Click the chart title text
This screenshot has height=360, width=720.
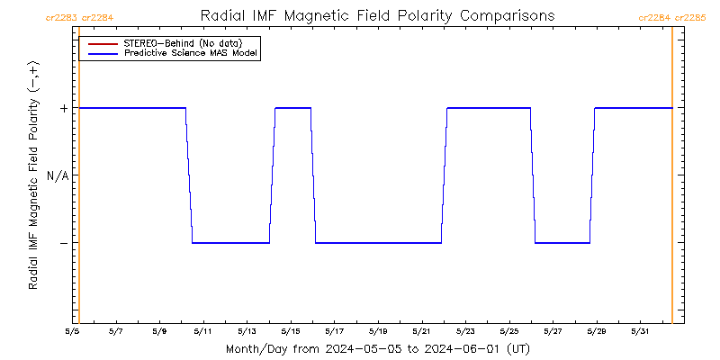click(376, 16)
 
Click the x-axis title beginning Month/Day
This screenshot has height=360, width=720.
click(376, 348)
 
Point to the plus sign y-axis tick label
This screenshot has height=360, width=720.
click(64, 108)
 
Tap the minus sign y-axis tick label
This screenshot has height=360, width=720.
click(64, 243)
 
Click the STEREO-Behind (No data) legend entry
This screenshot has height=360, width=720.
click(183, 43)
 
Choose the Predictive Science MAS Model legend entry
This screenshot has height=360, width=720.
click(191, 54)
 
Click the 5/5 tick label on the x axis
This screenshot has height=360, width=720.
click(72, 330)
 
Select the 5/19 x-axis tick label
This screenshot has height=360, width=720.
click(377, 330)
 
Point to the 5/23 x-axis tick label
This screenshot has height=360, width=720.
click(464, 330)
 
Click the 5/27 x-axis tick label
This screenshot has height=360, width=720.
click(552, 330)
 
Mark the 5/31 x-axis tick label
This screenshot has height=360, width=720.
click(639, 330)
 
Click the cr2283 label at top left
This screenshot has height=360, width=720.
click(59, 17)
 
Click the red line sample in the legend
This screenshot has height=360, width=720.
click(100, 43)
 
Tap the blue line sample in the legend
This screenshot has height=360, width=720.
click(100, 54)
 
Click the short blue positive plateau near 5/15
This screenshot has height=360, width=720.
click(292, 108)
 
